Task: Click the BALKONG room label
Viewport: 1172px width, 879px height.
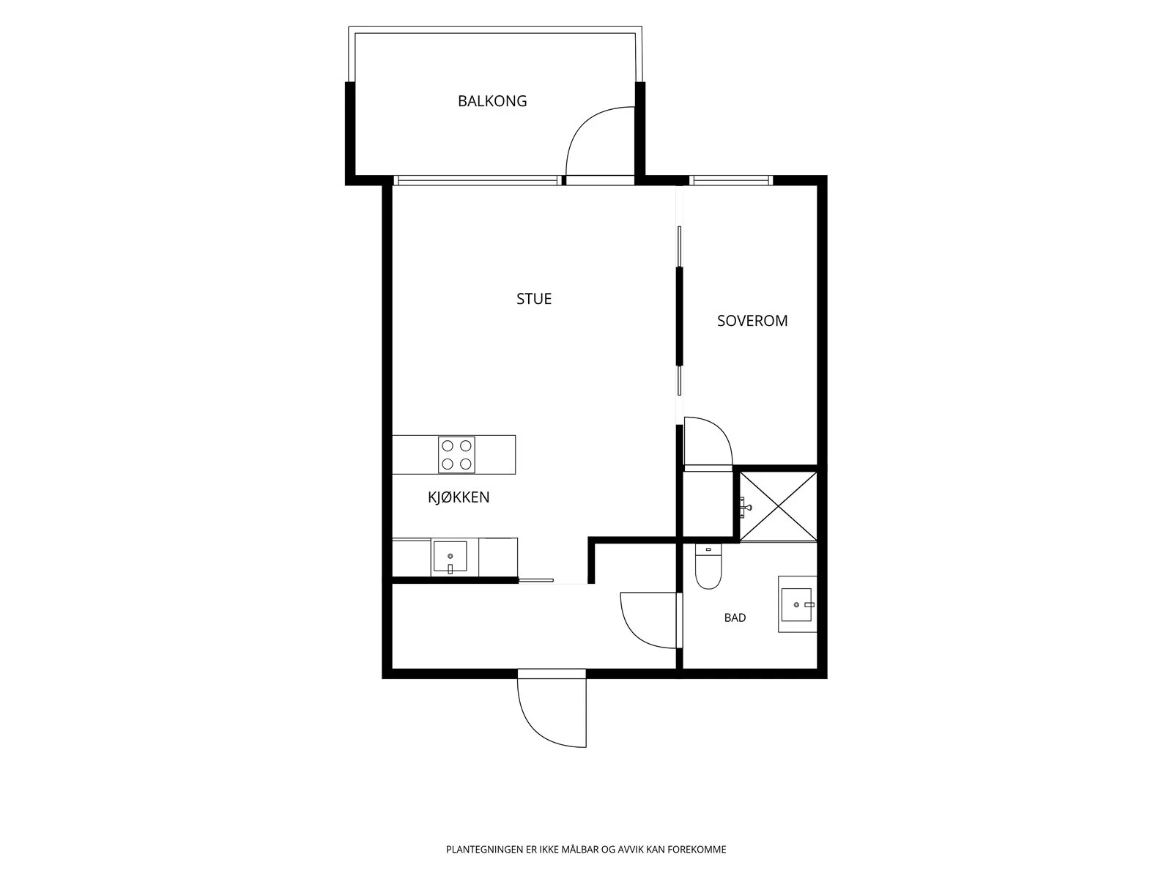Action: click(492, 101)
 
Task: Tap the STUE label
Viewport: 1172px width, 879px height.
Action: click(533, 299)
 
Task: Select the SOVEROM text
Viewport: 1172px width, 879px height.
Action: click(752, 321)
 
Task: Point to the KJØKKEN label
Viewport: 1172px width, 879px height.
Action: click(458, 497)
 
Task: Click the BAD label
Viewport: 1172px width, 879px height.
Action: click(735, 617)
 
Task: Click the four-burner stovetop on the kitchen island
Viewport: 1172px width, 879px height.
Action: click(456, 455)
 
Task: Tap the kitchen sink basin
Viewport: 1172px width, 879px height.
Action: click(450, 557)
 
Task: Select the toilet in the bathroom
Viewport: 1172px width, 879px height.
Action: click(708, 566)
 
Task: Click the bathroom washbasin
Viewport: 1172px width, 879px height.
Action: click(797, 604)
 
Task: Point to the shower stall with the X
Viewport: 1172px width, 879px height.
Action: click(778, 506)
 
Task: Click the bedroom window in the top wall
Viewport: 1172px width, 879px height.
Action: click(731, 180)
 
